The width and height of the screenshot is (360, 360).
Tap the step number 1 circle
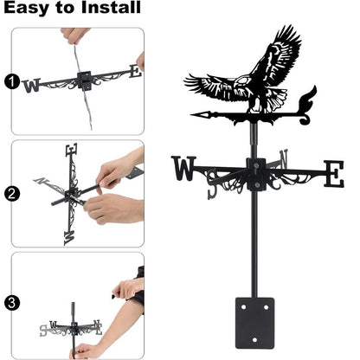coord(11,83)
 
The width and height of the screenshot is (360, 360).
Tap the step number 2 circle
coord(11,192)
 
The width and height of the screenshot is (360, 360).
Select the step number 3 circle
coord(11,304)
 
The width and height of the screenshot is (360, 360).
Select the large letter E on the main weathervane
coord(333,173)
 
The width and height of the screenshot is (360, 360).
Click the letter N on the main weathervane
coord(284,161)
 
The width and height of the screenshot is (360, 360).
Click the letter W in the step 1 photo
coord(32,85)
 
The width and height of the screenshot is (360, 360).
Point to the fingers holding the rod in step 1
coord(74,35)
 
